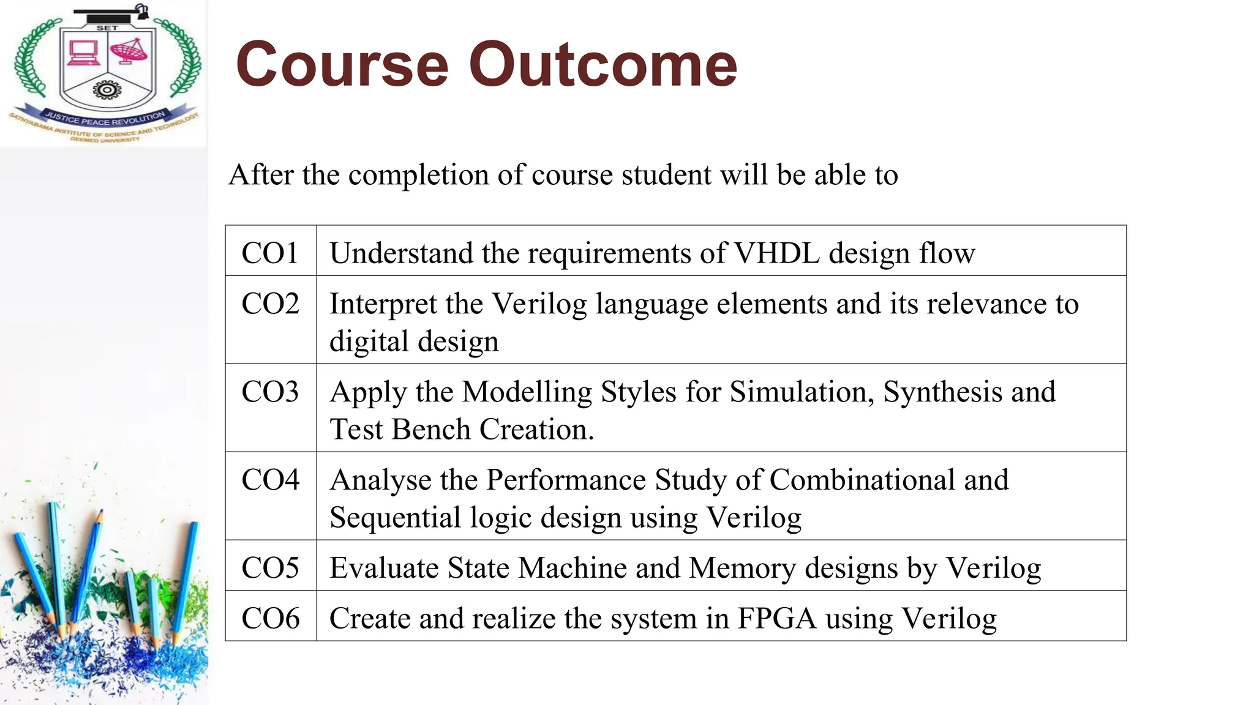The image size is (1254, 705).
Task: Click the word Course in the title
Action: click(x=342, y=65)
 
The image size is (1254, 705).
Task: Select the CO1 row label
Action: click(x=270, y=253)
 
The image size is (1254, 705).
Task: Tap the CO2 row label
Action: click(x=270, y=304)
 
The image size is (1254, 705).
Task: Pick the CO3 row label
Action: click(x=270, y=392)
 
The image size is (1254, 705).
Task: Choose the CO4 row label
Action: click(x=270, y=480)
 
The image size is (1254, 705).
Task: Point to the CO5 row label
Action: click(x=270, y=568)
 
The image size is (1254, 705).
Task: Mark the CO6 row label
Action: click(x=270, y=618)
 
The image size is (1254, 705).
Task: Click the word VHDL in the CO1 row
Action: click(x=776, y=253)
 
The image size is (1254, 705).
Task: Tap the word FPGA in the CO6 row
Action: click(x=777, y=618)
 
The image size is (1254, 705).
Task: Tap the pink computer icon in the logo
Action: click(x=83, y=53)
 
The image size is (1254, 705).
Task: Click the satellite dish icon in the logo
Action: click(x=129, y=51)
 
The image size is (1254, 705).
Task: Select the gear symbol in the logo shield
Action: click(x=107, y=91)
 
